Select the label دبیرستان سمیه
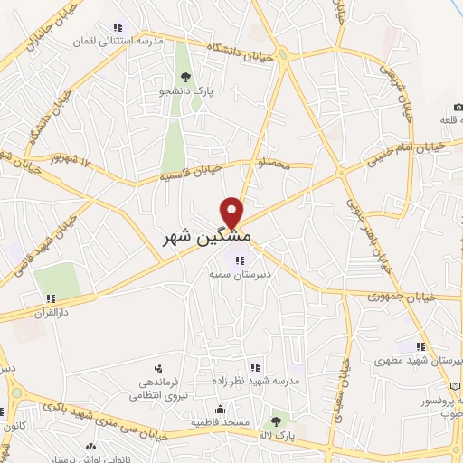(x=227, y=271)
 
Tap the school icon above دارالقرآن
(x=51, y=298)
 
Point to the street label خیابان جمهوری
(x=402, y=296)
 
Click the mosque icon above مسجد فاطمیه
(x=203, y=408)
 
